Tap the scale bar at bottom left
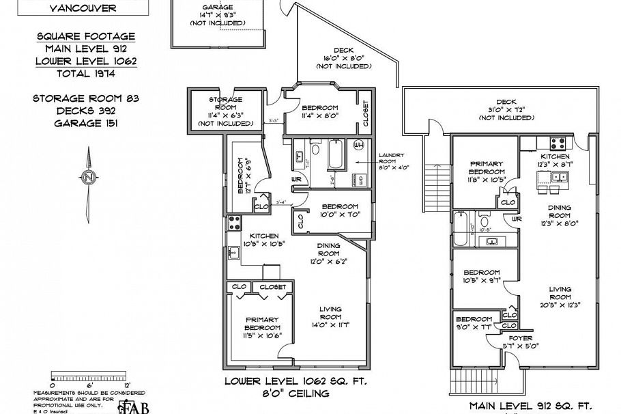(89, 376)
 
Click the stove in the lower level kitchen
(233, 222)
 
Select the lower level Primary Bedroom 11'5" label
(262, 327)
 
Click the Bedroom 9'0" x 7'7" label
(474, 323)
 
